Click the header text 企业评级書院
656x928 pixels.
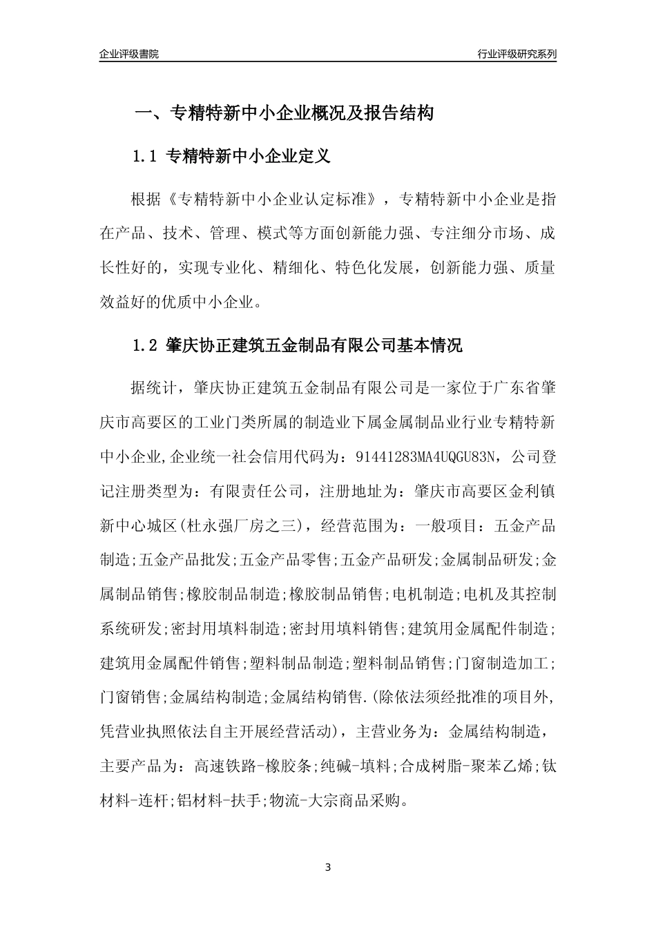(x=129, y=54)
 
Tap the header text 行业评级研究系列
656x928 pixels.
(x=517, y=54)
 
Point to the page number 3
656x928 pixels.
(x=328, y=867)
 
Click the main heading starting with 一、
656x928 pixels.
(x=283, y=113)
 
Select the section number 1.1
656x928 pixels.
(x=146, y=157)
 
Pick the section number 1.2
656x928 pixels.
(x=146, y=345)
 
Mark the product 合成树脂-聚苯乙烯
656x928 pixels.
(x=465, y=766)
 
